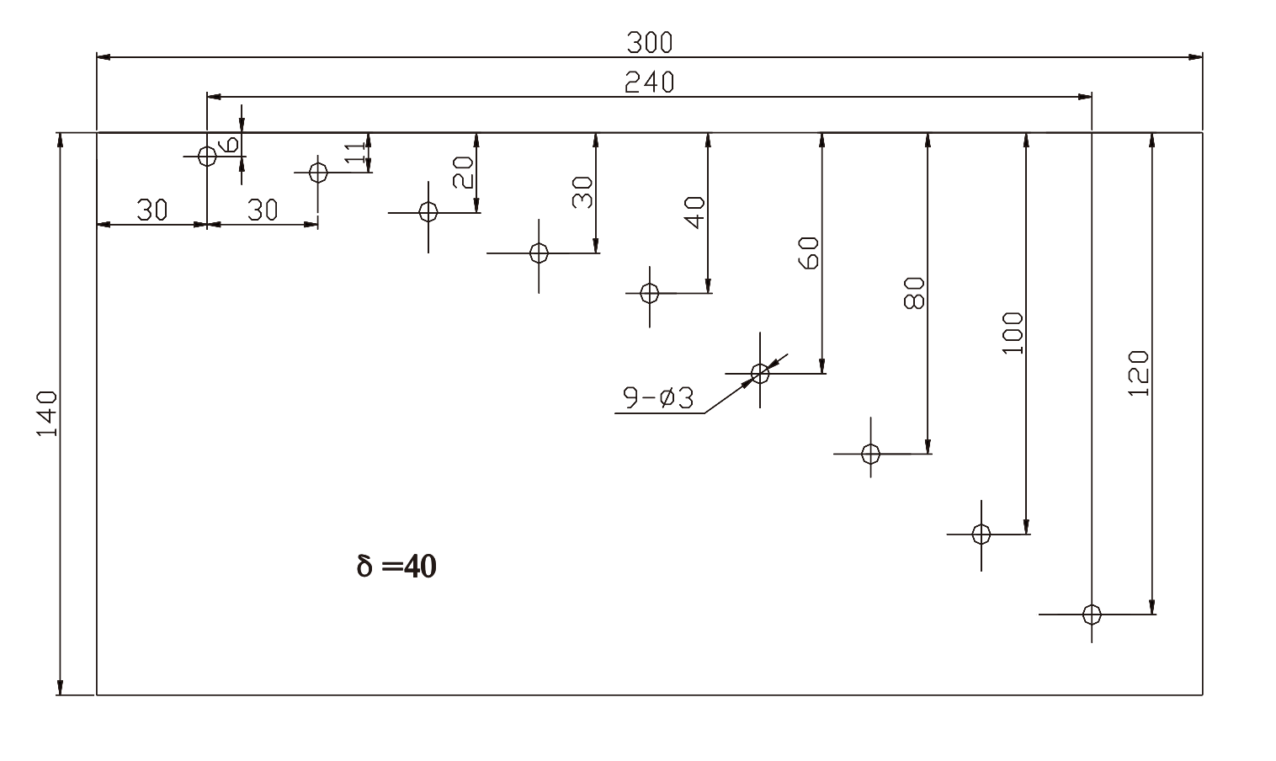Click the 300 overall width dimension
tap(649, 40)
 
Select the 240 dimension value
tap(649, 82)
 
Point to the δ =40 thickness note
tap(396, 567)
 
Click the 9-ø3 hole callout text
tap(658, 397)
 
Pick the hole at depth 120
tap(1092, 614)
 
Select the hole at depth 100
tap(981, 534)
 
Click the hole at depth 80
tap(870, 454)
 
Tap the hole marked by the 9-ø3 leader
tap(760, 373)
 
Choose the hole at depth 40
tap(649, 293)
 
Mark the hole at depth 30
tap(539, 253)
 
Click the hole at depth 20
tap(428, 212)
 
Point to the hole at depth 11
tap(318, 173)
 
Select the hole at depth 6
tap(207, 156)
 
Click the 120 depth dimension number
tap(1137, 373)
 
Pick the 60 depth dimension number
tap(807, 253)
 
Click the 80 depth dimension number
tap(914, 293)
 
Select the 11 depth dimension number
tap(357, 152)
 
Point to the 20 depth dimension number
tap(464, 173)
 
